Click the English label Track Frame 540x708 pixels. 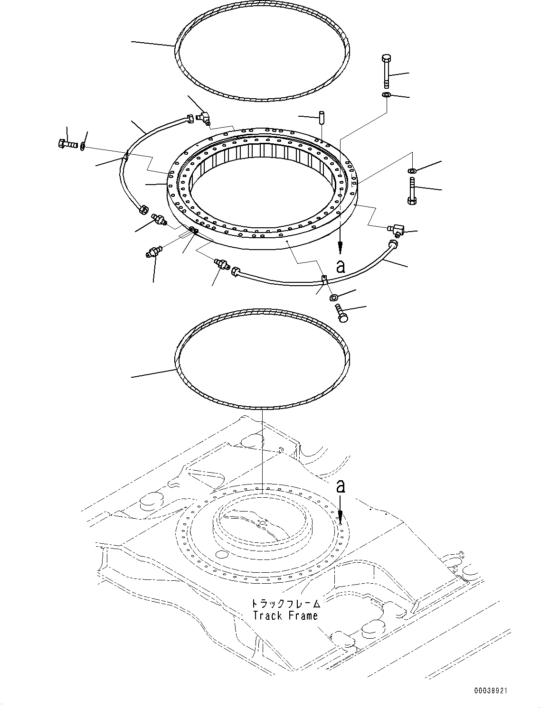[285, 615]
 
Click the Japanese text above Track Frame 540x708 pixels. [285, 604]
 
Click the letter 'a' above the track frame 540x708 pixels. [340, 486]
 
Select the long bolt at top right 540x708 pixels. [386, 71]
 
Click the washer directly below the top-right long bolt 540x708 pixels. [386, 95]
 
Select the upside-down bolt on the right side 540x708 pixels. [411, 192]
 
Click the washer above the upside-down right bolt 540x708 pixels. [412, 170]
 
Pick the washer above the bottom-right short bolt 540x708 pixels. [333, 298]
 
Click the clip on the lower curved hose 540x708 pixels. [324, 280]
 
